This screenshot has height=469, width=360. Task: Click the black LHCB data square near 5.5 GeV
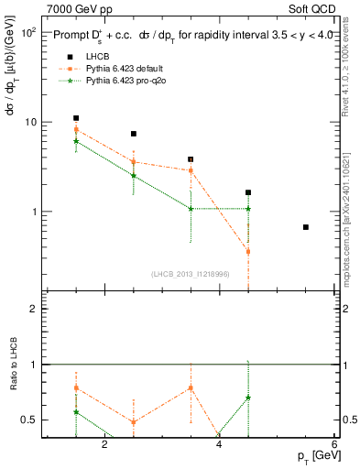click(306, 227)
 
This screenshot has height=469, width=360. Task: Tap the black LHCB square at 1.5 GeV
click(76, 118)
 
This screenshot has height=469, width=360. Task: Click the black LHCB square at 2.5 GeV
click(134, 134)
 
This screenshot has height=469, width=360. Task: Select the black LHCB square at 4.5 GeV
click(248, 193)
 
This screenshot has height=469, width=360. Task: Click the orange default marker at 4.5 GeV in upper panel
click(248, 251)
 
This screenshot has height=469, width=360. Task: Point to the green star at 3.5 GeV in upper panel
click(191, 209)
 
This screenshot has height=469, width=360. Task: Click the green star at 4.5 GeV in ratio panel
click(248, 398)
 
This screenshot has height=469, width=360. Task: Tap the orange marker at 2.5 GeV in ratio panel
click(134, 422)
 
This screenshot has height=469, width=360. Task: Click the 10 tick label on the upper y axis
click(30, 122)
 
